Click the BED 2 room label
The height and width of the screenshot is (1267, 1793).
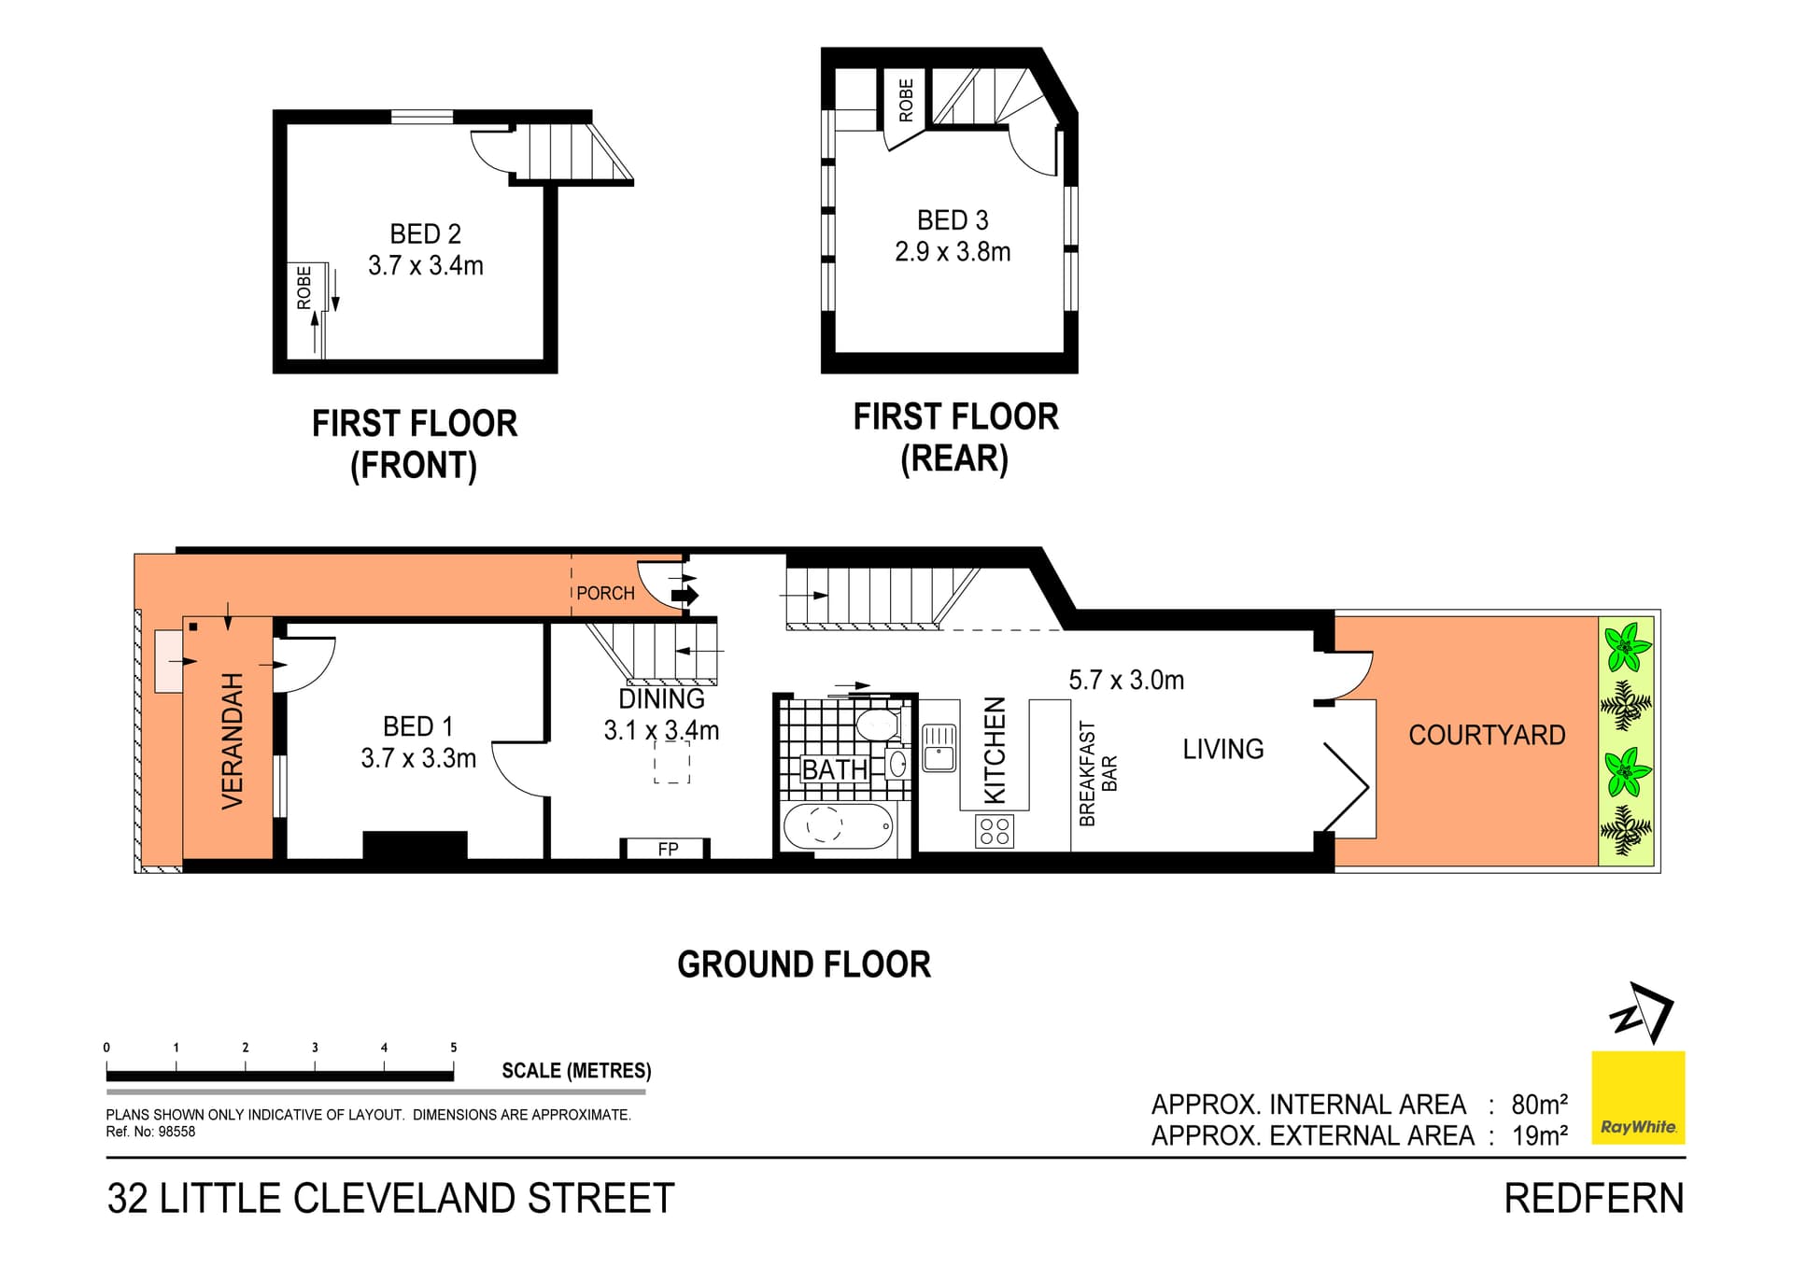(425, 233)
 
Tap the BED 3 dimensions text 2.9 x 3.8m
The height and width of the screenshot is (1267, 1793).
(953, 252)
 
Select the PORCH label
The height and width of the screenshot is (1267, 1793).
(605, 593)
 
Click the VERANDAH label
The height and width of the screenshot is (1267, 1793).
(232, 740)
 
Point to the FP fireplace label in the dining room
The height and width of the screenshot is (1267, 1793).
(668, 849)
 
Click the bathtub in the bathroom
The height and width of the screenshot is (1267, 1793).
(839, 826)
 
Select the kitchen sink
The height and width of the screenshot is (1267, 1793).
(939, 747)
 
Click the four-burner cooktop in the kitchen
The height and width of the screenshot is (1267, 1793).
(995, 831)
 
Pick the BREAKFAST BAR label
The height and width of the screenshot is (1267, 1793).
(1097, 773)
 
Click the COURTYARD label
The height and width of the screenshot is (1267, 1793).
(1487, 735)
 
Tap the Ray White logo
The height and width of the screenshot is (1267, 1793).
(1638, 1098)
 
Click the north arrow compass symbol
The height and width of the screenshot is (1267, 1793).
(1643, 1012)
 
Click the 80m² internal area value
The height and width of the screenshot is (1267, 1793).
(1539, 1105)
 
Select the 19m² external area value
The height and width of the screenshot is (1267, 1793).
(1540, 1135)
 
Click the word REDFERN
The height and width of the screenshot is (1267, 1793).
(1594, 1199)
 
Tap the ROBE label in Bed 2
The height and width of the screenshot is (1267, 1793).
(304, 288)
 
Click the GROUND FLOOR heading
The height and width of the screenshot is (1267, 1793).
(804, 964)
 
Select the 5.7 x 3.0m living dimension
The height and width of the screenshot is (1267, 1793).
(1126, 680)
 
